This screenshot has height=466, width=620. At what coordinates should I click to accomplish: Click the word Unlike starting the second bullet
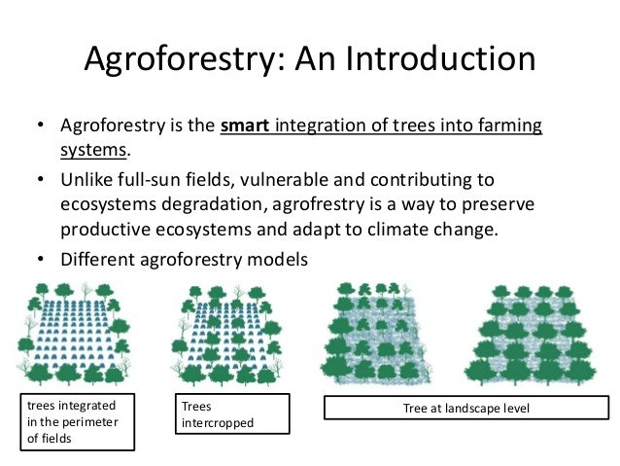point(90,180)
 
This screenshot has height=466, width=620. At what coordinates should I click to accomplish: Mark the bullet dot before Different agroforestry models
point(42,260)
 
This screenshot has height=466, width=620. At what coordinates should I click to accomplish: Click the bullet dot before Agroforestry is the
point(42,127)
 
